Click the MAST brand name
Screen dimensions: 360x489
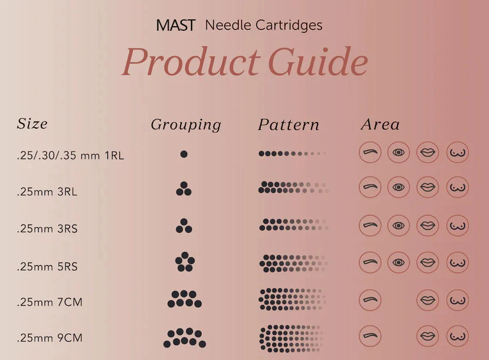pos(176,26)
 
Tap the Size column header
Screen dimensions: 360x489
pos(32,124)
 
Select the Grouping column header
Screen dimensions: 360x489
pos(186,125)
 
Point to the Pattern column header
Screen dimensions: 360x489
pos(288,125)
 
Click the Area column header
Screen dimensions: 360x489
pos(380,125)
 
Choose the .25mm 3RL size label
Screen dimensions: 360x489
pos(47,192)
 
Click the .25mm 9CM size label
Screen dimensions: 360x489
pos(50,338)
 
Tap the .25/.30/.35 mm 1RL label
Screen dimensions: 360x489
pos(70,155)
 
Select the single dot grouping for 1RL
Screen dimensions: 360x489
pos(184,154)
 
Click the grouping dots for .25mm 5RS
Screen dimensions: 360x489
pos(185,262)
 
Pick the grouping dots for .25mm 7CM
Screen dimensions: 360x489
pos(185,299)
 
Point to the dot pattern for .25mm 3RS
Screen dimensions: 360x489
pos(294,225)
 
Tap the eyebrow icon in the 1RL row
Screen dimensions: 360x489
pos(370,152)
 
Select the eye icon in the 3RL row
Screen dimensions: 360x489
pos(399,187)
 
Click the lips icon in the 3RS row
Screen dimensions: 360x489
pos(428,226)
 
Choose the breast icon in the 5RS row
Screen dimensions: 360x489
pos(457,263)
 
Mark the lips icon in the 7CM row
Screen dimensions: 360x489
pos(428,300)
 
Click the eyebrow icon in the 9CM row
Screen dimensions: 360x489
pos(370,336)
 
